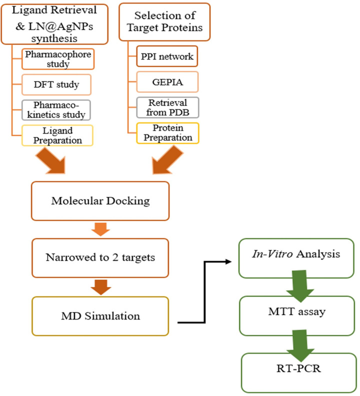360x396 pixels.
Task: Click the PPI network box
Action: coord(169,56)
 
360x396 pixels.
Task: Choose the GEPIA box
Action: coord(169,81)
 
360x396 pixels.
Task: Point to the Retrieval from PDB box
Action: coord(169,107)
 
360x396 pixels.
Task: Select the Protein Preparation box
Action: coord(169,132)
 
